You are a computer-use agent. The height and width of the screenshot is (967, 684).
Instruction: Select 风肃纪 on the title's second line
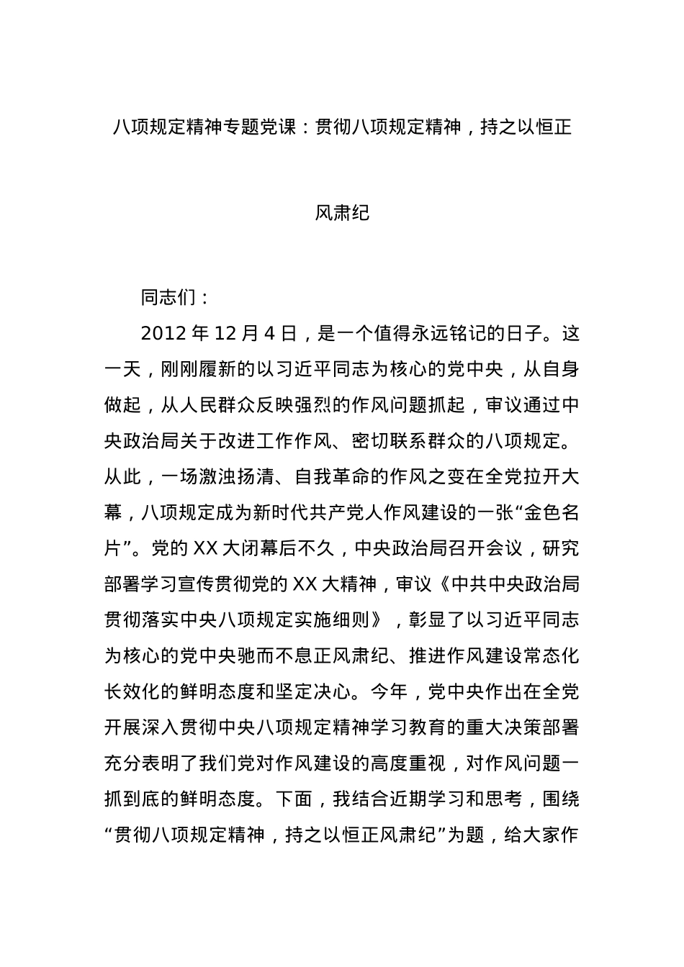[x=342, y=213]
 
